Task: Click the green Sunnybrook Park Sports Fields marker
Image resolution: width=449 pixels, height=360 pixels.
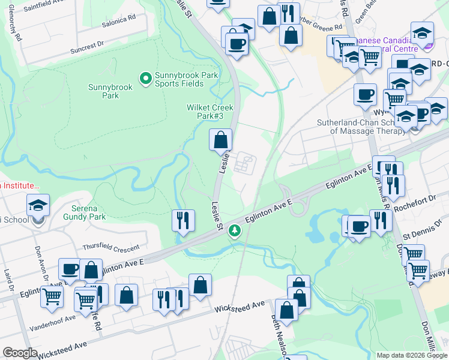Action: [x=145, y=78]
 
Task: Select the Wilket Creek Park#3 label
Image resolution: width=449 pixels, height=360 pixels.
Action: [x=209, y=112]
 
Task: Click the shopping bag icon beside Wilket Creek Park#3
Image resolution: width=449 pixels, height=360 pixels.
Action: [x=221, y=140]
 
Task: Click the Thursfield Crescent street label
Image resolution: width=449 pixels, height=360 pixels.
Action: [x=110, y=247]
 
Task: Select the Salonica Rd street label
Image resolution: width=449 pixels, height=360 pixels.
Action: [x=118, y=20]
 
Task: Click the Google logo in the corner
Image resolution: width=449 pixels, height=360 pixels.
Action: [x=20, y=353]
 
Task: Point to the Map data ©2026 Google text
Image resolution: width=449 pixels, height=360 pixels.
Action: [x=412, y=355]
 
